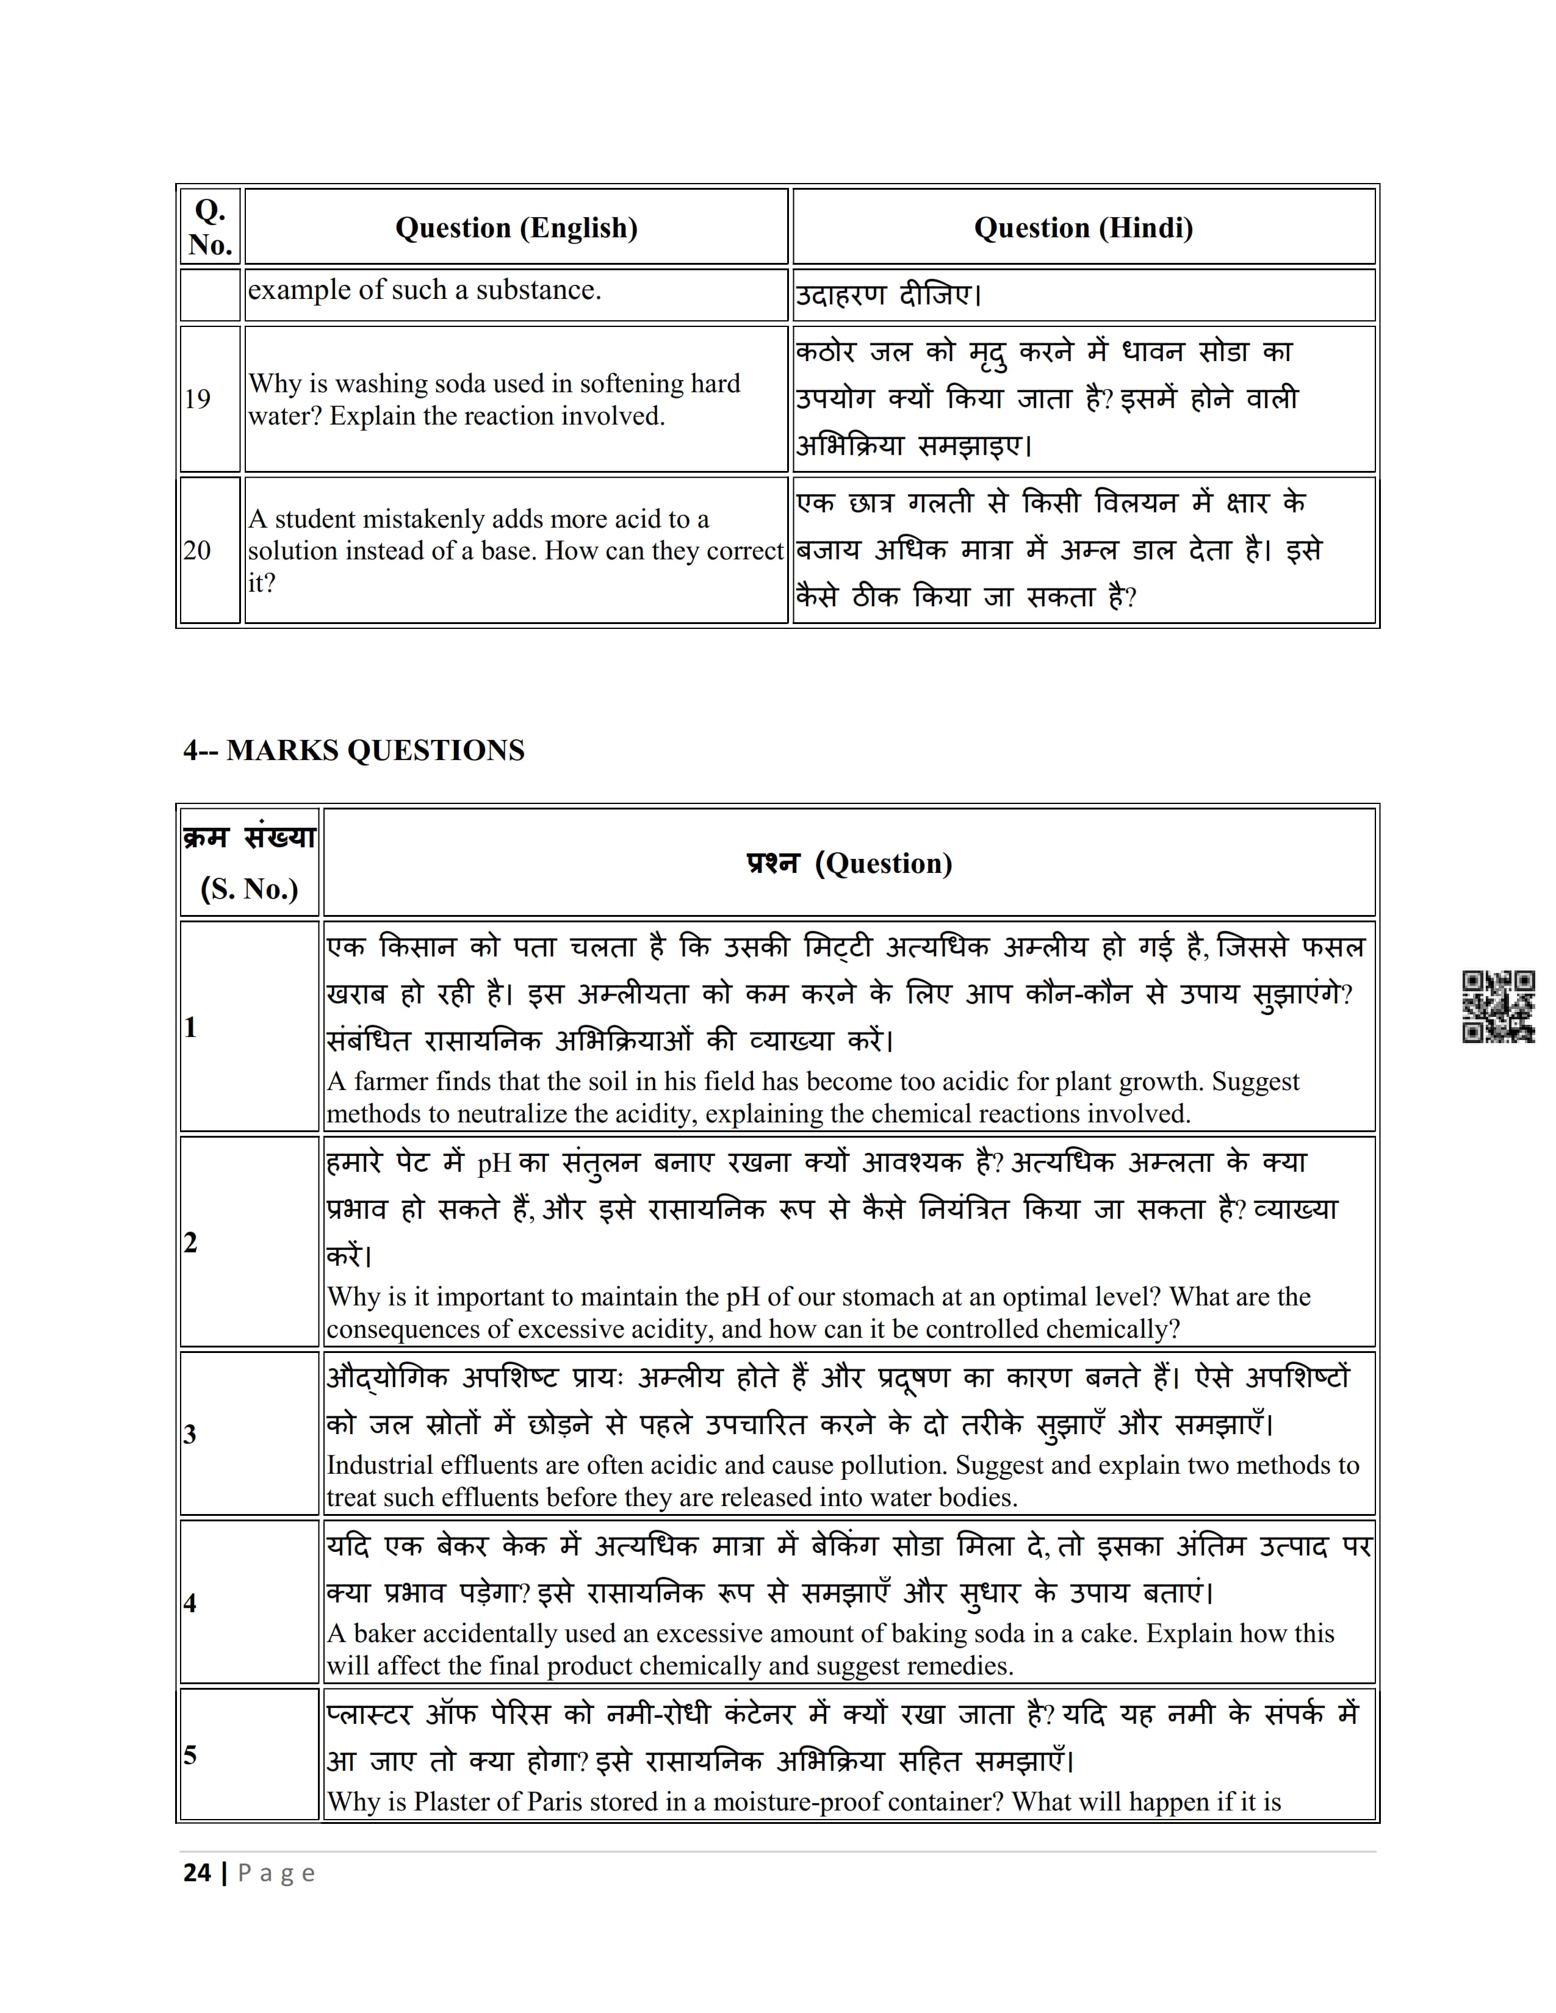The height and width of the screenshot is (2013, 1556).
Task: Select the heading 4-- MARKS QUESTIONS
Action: (353, 750)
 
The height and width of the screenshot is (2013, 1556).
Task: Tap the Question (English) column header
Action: (516, 228)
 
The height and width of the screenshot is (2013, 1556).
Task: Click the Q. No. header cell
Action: (210, 228)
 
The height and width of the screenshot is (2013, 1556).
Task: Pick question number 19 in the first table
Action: (197, 399)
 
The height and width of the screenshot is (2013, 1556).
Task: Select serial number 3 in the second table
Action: (190, 1434)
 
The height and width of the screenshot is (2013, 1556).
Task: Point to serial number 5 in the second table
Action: (190, 1755)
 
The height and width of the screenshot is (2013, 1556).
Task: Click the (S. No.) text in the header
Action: (249, 889)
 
